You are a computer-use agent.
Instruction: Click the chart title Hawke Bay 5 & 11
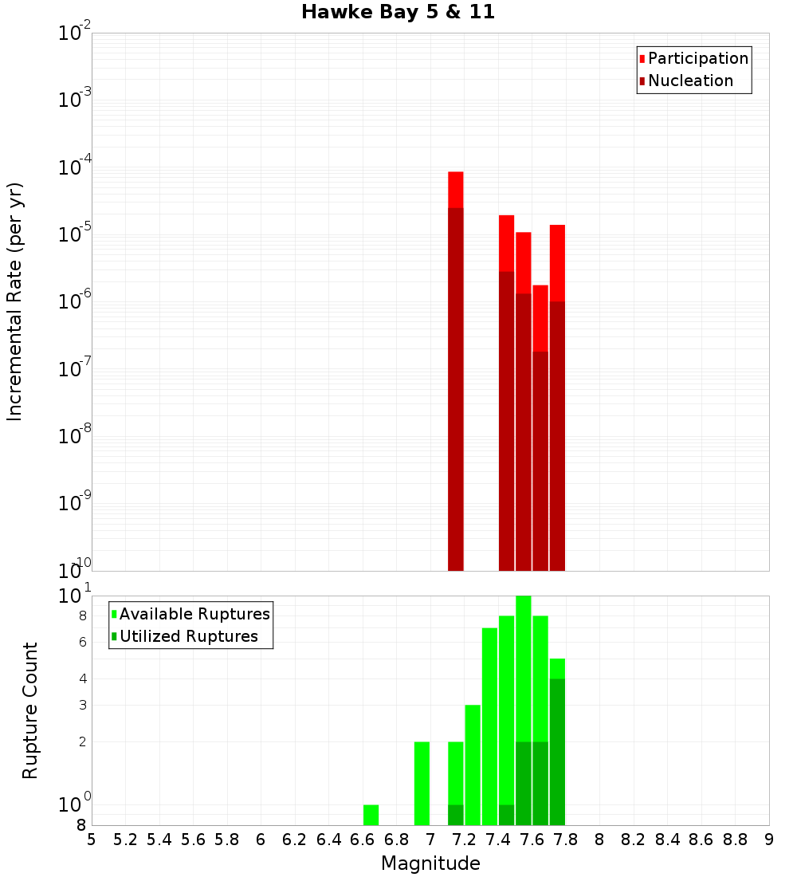(x=398, y=13)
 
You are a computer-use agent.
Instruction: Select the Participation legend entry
(x=697, y=58)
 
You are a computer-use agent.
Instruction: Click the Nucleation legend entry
(x=690, y=81)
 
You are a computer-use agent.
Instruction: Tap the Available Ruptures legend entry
(x=194, y=614)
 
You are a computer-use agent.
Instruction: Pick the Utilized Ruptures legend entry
(x=188, y=636)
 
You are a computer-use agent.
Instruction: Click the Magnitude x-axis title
(x=430, y=863)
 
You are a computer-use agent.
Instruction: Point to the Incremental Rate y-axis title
(x=14, y=301)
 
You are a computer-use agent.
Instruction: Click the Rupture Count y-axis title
(x=30, y=710)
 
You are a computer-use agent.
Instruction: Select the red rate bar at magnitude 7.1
(x=456, y=371)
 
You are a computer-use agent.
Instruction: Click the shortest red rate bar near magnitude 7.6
(x=540, y=427)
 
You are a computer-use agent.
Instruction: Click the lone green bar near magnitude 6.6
(x=371, y=815)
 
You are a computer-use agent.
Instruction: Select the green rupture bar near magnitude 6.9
(x=422, y=784)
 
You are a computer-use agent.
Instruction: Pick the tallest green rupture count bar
(x=524, y=710)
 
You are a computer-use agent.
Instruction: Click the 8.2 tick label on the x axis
(x=634, y=839)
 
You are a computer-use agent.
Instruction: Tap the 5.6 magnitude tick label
(x=194, y=839)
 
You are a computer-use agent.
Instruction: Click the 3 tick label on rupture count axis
(x=82, y=706)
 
